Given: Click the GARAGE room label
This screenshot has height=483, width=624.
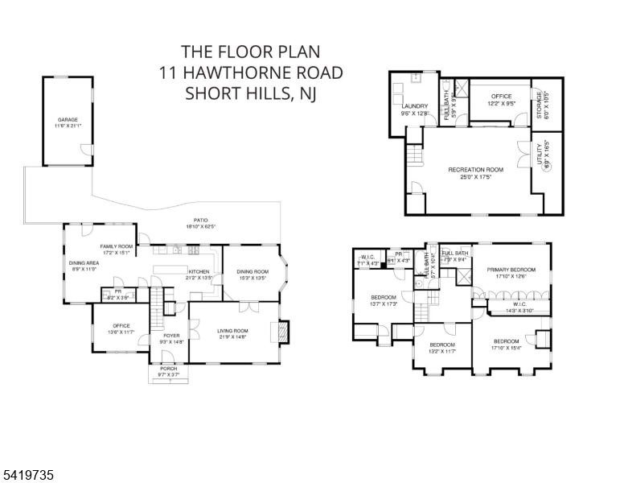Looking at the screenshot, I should click(68, 119).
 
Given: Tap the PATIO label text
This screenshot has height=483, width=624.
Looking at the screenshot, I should click(200, 220).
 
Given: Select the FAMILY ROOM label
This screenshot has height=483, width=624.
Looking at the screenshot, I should click(116, 246).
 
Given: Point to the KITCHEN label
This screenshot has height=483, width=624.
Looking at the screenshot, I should click(199, 271).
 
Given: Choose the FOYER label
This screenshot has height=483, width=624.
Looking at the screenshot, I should click(171, 335).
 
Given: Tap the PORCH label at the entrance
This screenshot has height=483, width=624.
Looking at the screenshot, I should click(168, 368).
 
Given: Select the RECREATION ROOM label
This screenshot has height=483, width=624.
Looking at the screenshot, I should click(475, 170).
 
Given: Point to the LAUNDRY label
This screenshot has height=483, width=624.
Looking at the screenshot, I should click(415, 106).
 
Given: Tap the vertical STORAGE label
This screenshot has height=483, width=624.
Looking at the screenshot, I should click(540, 106).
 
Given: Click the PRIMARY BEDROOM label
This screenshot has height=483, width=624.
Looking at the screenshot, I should click(511, 270).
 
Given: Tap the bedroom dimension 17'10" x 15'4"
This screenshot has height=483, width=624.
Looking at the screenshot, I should click(506, 348).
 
